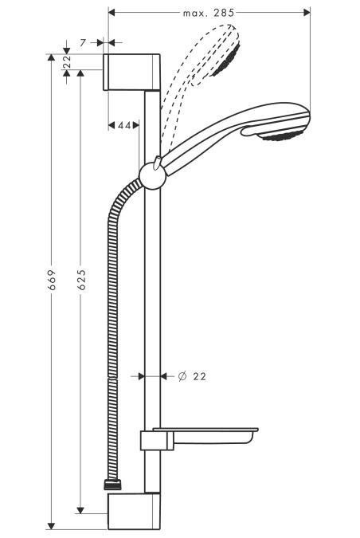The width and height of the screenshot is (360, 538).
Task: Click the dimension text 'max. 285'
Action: (x=208, y=13)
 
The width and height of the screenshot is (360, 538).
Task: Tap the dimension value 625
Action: (x=80, y=280)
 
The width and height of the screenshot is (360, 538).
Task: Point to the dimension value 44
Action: (x=124, y=125)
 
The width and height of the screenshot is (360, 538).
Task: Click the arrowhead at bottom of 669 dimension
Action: (x=52, y=525)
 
